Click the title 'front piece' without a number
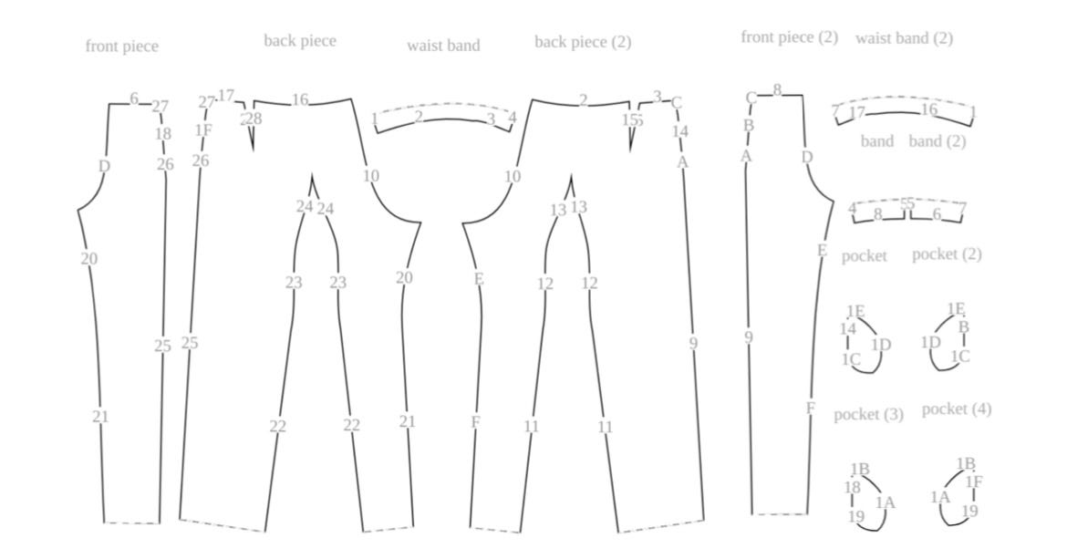click(121, 47)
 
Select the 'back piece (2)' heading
click(582, 42)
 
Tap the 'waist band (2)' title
click(904, 38)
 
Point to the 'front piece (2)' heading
click(789, 37)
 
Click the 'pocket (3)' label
click(868, 414)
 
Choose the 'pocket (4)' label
click(956, 409)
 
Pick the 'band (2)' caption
click(937, 141)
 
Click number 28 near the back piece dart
click(254, 119)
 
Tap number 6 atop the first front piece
click(134, 98)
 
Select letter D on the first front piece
click(104, 166)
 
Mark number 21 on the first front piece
click(100, 417)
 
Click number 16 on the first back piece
click(300, 99)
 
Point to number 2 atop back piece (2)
click(583, 100)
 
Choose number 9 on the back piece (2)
click(693, 343)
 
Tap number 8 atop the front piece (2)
click(777, 90)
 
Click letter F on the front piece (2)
click(810, 408)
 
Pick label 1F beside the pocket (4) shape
click(974, 481)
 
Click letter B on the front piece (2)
click(749, 125)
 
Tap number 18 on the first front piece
click(162, 134)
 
